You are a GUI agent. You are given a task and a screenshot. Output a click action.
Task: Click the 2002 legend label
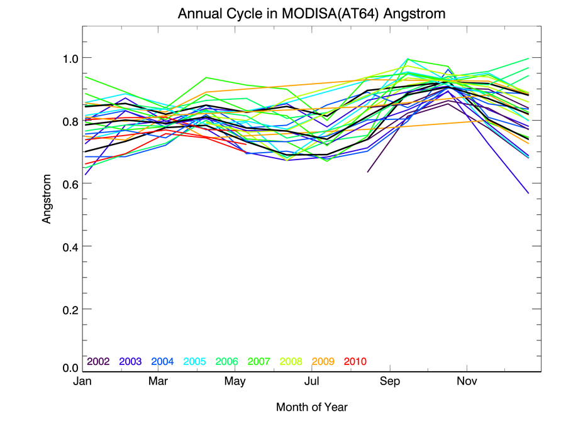click(98, 362)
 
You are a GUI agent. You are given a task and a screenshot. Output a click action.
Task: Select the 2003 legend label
click(130, 362)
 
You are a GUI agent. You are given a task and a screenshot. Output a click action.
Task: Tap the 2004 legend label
click(162, 362)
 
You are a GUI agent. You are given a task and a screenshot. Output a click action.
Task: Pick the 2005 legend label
click(194, 362)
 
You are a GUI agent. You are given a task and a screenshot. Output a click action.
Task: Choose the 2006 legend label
click(226, 362)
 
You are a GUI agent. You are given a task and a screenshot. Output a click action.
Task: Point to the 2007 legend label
click(258, 362)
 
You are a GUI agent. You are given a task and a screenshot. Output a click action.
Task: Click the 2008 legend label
click(291, 362)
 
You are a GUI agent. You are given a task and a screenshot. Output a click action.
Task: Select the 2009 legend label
click(323, 362)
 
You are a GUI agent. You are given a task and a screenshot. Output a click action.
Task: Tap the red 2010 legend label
click(355, 362)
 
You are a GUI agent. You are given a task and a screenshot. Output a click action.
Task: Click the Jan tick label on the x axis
click(82, 381)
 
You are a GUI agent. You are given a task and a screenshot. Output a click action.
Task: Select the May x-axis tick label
click(235, 381)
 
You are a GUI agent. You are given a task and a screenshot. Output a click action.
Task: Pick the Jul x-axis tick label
click(313, 381)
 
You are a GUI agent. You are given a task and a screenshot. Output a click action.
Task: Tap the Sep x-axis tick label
click(390, 381)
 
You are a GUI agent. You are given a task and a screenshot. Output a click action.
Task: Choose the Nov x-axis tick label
click(466, 381)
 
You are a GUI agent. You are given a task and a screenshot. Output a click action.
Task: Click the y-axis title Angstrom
click(47, 198)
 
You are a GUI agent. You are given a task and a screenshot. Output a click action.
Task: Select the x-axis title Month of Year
click(311, 408)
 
